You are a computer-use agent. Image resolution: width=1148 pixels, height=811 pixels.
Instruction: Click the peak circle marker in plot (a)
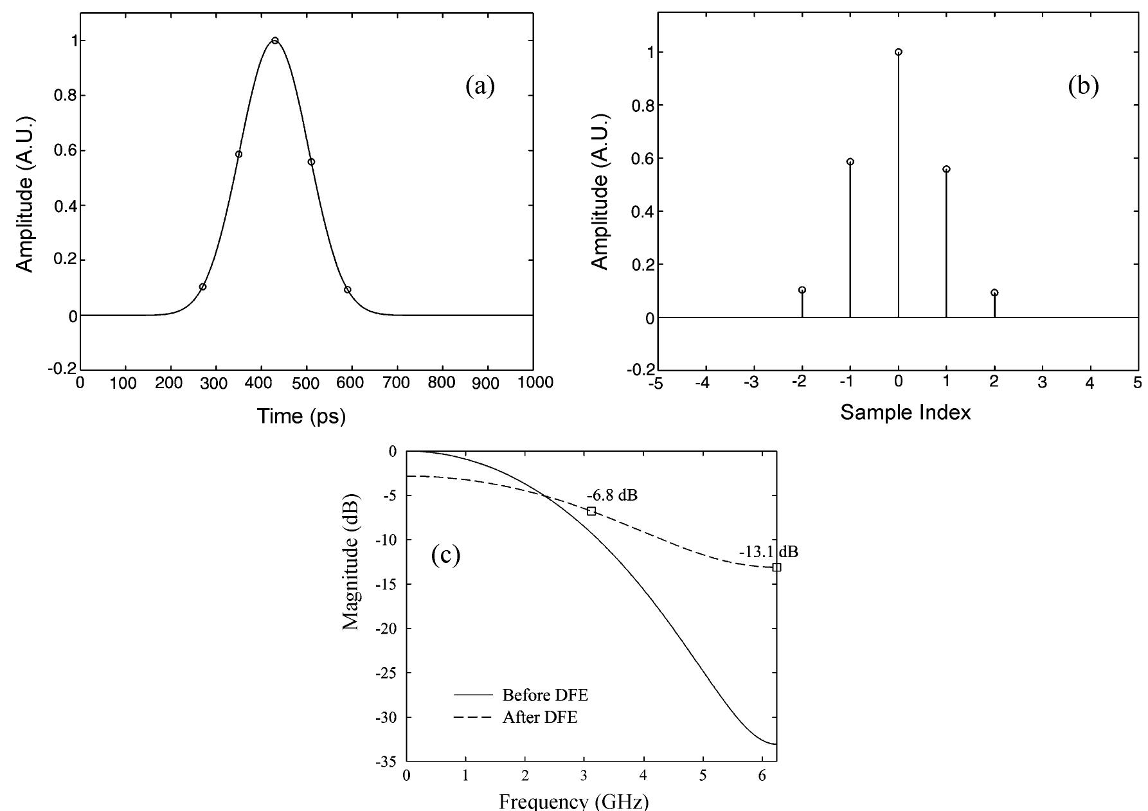275,40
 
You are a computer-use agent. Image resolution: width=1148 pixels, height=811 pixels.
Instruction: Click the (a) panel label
480,85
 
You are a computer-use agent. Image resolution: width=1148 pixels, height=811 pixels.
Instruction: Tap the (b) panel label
1083,85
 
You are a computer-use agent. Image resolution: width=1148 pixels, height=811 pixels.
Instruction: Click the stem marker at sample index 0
898,52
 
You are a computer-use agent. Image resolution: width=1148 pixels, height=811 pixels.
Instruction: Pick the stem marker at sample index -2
802,290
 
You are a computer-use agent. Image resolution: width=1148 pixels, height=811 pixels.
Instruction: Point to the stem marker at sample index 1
946,169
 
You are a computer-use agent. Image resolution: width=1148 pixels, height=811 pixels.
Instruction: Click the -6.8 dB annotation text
612,495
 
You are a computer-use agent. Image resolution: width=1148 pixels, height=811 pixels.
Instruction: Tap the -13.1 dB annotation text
768,552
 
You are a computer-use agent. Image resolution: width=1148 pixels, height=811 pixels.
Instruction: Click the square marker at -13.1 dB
776,567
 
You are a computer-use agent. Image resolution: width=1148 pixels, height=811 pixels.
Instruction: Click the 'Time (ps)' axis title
301,416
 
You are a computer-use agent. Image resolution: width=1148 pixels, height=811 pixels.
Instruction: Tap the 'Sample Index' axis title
905,413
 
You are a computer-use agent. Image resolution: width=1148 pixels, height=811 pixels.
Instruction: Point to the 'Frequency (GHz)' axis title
574,802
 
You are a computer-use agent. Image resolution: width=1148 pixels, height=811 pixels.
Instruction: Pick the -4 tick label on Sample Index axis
703,384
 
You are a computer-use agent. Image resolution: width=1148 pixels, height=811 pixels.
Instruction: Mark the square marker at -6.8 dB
591,511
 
